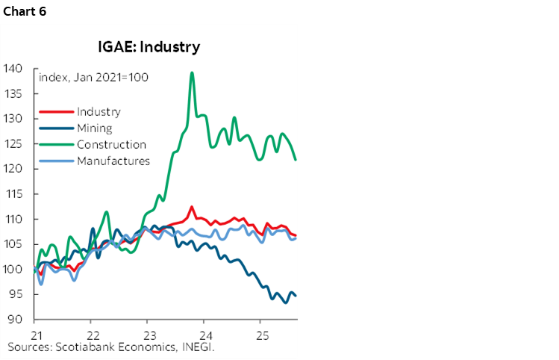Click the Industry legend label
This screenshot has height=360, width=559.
pos(98,112)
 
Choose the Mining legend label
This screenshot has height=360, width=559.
pos(94,128)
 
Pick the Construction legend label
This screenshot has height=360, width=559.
pos(111,145)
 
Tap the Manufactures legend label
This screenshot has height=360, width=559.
pos(113,161)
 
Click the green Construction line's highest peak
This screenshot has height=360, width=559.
pos(193,73)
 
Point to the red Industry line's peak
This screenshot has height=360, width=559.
pos(193,207)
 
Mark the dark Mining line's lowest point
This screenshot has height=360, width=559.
pos(285,302)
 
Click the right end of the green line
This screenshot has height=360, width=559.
pos(296,159)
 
